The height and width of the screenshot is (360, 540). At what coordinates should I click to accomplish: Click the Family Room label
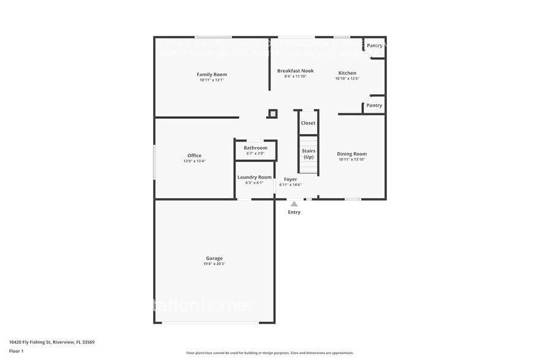point(212,75)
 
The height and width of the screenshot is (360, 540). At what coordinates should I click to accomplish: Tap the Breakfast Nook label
point(295,71)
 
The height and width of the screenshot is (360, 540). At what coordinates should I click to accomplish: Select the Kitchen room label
point(347,73)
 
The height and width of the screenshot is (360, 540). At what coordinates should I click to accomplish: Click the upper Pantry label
point(374,46)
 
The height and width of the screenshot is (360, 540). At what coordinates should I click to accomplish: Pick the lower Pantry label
point(374,105)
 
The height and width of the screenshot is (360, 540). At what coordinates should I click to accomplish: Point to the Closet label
point(308,123)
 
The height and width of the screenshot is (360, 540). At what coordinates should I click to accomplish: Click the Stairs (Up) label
point(309,154)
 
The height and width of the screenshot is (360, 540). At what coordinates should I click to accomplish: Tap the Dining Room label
point(352,154)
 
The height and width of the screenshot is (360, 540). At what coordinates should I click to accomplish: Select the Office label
point(194,156)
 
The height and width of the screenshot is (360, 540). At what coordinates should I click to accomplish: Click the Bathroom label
point(255,148)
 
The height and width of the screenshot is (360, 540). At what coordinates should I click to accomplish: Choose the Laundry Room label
point(254,177)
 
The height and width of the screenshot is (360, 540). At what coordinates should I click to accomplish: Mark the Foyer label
point(290,179)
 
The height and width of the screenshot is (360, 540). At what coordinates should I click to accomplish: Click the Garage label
point(214,258)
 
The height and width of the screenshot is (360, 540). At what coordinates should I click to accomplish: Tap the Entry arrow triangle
point(294,204)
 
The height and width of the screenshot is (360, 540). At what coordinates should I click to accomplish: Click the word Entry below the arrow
point(294,212)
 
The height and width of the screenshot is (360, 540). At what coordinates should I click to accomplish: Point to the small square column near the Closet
point(272,113)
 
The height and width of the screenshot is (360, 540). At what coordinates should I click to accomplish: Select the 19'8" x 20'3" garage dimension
point(214,264)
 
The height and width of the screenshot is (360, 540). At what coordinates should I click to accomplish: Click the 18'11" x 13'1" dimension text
point(212,80)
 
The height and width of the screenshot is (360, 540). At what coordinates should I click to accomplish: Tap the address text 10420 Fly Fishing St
point(51,342)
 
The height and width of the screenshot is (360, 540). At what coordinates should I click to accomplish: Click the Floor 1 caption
point(16,351)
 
